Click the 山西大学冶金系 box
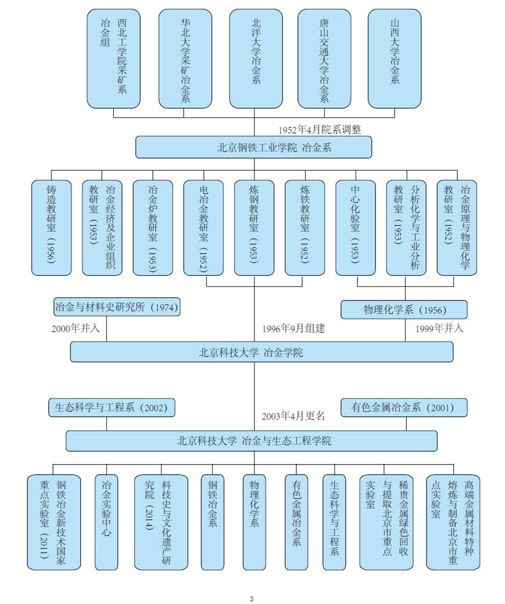(x=395, y=58)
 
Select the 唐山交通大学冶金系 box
(x=324, y=58)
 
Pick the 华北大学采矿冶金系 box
(x=185, y=58)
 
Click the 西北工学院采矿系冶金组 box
(x=114, y=58)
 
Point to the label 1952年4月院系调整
(x=320, y=130)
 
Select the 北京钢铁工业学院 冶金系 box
(x=253, y=147)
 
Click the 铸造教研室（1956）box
(x=52, y=228)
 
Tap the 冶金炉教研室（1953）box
(x=153, y=228)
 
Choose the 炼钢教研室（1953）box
(x=254, y=228)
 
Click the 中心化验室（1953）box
(x=355, y=228)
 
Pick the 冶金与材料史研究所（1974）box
(x=116, y=307)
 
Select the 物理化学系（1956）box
(x=403, y=310)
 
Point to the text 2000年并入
(x=76, y=328)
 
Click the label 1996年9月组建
(x=293, y=328)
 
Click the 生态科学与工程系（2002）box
(x=111, y=408)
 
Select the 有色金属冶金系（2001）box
(x=403, y=408)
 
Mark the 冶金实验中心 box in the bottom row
(x=106, y=522)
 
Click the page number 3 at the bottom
(x=252, y=599)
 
